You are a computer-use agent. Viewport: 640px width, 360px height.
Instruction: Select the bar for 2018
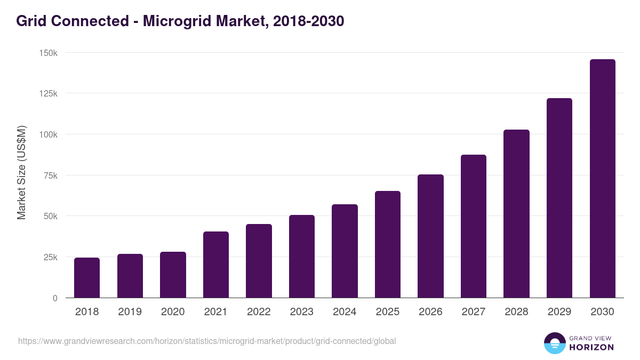coord(87,278)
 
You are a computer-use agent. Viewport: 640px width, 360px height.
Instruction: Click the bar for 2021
coord(216,265)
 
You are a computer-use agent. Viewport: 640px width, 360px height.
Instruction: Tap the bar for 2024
coord(345,251)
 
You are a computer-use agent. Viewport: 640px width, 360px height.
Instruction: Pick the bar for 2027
coord(474,226)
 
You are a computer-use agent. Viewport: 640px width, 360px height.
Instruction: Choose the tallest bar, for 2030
coord(602,179)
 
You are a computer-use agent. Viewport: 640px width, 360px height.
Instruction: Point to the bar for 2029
coord(559,198)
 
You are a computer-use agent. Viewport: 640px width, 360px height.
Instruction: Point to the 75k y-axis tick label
coord(50,175)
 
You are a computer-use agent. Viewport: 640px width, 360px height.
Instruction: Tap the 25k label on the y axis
coord(50,257)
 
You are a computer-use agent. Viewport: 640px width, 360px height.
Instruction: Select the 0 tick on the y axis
coord(55,298)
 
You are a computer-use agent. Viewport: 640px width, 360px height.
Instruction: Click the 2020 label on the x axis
coord(173,312)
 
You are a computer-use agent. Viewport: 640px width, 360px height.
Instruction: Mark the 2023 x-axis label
coord(302,312)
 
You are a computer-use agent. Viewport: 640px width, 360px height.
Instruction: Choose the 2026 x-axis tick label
coord(430,312)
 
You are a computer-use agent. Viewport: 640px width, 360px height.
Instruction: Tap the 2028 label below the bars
coord(516,312)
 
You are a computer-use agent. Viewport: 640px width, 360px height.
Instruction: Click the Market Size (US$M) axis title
coord(21,172)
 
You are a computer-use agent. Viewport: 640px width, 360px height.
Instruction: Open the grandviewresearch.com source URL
coord(207,341)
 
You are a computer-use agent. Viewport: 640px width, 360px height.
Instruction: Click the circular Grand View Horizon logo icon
coord(554,343)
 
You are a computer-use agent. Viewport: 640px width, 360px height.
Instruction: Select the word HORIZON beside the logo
coord(591,347)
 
